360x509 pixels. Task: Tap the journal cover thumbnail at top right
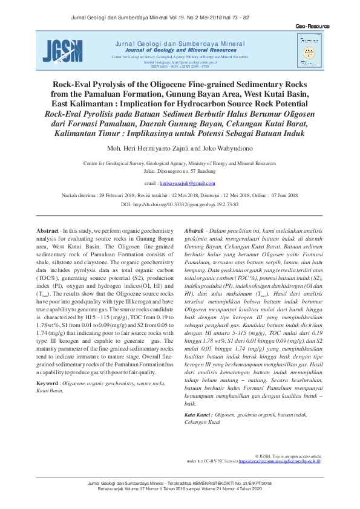tap(309, 48)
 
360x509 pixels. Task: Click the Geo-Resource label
tap(312, 27)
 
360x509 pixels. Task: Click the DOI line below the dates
tap(180, 205)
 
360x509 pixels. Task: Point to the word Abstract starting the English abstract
tap(48, 232)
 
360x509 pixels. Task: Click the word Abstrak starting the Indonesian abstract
tap(194, 232)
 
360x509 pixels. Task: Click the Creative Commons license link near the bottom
tap(281, 461)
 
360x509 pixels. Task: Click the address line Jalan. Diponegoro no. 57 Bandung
tap(180, 171)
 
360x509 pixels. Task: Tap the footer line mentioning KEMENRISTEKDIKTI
tap(180, 483)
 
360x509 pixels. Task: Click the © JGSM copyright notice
tap(288, 455)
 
